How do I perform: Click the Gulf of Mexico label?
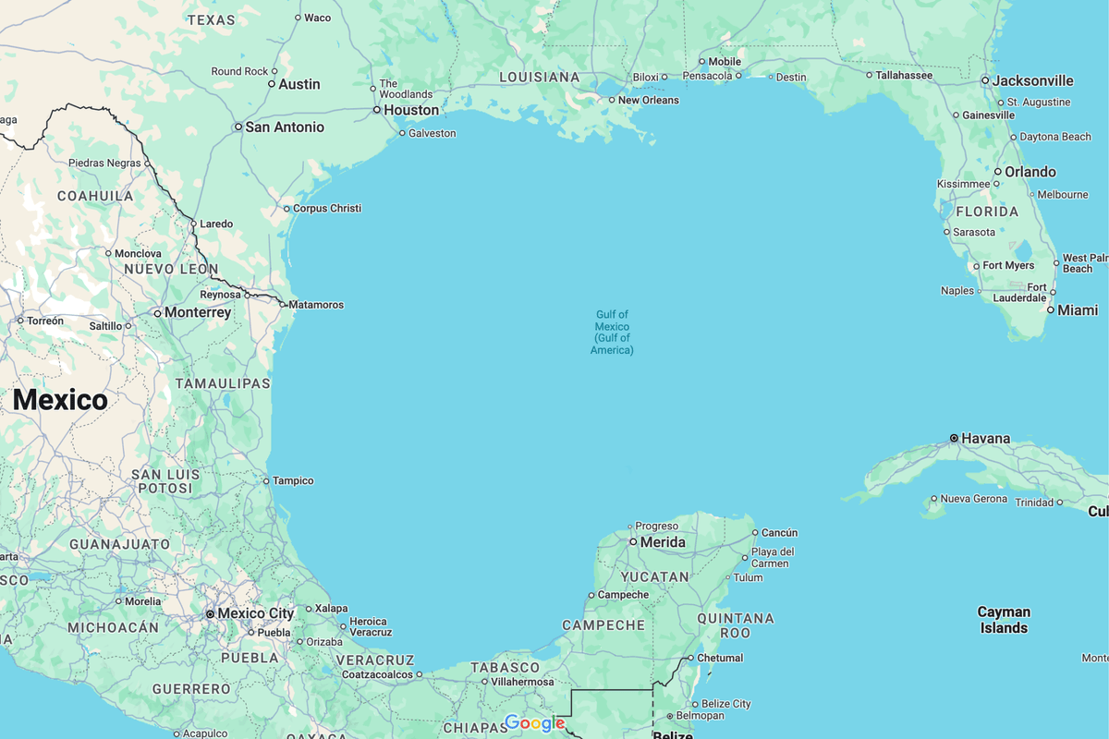tap(612, 333)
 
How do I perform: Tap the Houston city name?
tap(411, 110)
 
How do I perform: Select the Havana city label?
tap(986, 438)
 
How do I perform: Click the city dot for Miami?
tap(1051, 310)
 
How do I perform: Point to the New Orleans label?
tap(648, 100)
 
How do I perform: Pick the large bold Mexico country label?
tap(60, 400)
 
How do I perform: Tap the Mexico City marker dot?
tap(211, 613)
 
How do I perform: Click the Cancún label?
tap(779, 533)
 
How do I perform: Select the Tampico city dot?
tap(266, 480)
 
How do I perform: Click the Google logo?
tap(534, 722)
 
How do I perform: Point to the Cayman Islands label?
tap(1004, 620)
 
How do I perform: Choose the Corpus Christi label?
tap(326, 209)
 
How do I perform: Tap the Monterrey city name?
tap(198, 313)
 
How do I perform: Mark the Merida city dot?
tap(633, 542)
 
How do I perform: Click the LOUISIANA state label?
tap(539, 78)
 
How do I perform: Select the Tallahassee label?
tap(904, 75)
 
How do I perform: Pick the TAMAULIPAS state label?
tap(223, 383)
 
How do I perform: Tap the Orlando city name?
tap(1030, 172)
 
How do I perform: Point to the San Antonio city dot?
tap(238, 127)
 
